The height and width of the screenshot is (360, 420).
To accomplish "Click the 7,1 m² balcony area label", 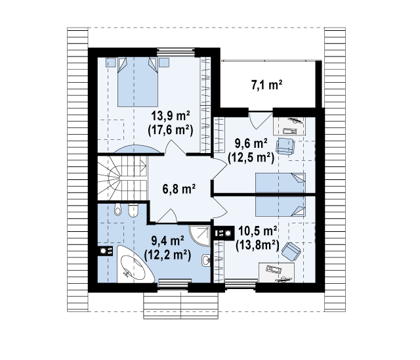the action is pyautogui.click(x=267, y=85).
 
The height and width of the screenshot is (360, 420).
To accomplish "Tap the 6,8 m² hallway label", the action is pyautogui.click(x=178, y=189).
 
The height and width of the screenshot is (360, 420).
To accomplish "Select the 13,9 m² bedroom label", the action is pyautogui.click(x=171, y=116).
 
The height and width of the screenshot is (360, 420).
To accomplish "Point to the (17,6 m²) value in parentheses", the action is pyautogui.click(x=171, y=130).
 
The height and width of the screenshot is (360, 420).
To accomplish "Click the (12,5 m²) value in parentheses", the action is pyautogui.click(x=251, y=158).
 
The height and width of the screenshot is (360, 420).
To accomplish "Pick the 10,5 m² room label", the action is pyautogui.click(x=257, y=231).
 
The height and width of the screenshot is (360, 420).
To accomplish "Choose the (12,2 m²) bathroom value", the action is pyautogui.click(x=167, y=255).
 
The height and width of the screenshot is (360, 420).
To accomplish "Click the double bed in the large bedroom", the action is pyautogui.click(x=137, y=81).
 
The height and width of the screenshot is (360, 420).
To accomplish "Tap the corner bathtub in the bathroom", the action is pyautogui.click(x=133, y=265).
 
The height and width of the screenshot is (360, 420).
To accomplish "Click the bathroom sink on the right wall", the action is pyautogui.click(x=205, y=259).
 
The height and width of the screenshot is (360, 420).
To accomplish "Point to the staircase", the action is pyautogui.click(x=122, y=178).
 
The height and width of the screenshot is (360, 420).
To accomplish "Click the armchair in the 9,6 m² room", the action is pyautogui.click(x=285, y=146).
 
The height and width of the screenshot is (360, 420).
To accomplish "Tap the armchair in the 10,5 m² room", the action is pyautogui.click(x=291, y=251).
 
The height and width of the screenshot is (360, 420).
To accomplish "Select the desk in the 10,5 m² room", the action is pyautogui.click(x=276, y=273).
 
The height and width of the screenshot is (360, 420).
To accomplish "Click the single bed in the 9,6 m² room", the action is pyautogui.click(x=280, y=183).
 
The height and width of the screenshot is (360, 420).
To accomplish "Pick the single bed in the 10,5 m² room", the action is pyautogui.click(x=280, y=207).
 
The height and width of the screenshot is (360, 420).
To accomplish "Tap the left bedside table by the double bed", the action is pyautogui.click(x=111, y=62).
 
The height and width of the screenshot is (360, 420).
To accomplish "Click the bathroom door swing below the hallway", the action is pyautogui.click(x=167, y=215).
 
